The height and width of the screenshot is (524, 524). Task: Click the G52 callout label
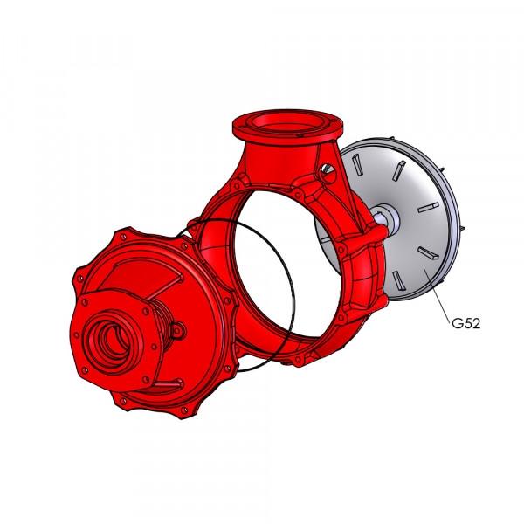pos(465,323)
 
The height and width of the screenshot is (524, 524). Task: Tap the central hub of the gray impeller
pos(388,217)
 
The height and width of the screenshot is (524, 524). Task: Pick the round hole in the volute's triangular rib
pos(327,172)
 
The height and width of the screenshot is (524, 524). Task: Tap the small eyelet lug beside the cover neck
pos(177,330)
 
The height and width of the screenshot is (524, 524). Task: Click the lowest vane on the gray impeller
pos(397,279)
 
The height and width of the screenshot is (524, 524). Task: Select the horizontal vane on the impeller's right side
pos(429,208)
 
